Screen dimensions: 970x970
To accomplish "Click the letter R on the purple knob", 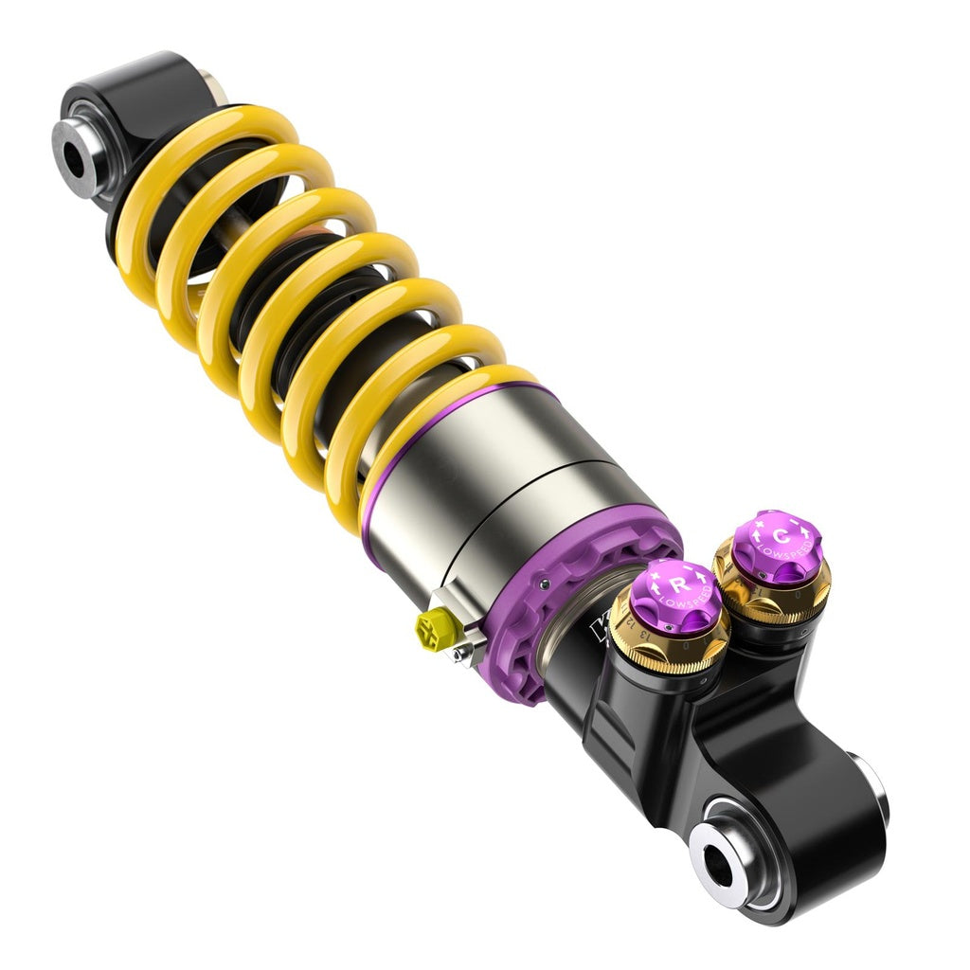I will [679, 584].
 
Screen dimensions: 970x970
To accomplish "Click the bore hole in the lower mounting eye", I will [720, 866].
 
